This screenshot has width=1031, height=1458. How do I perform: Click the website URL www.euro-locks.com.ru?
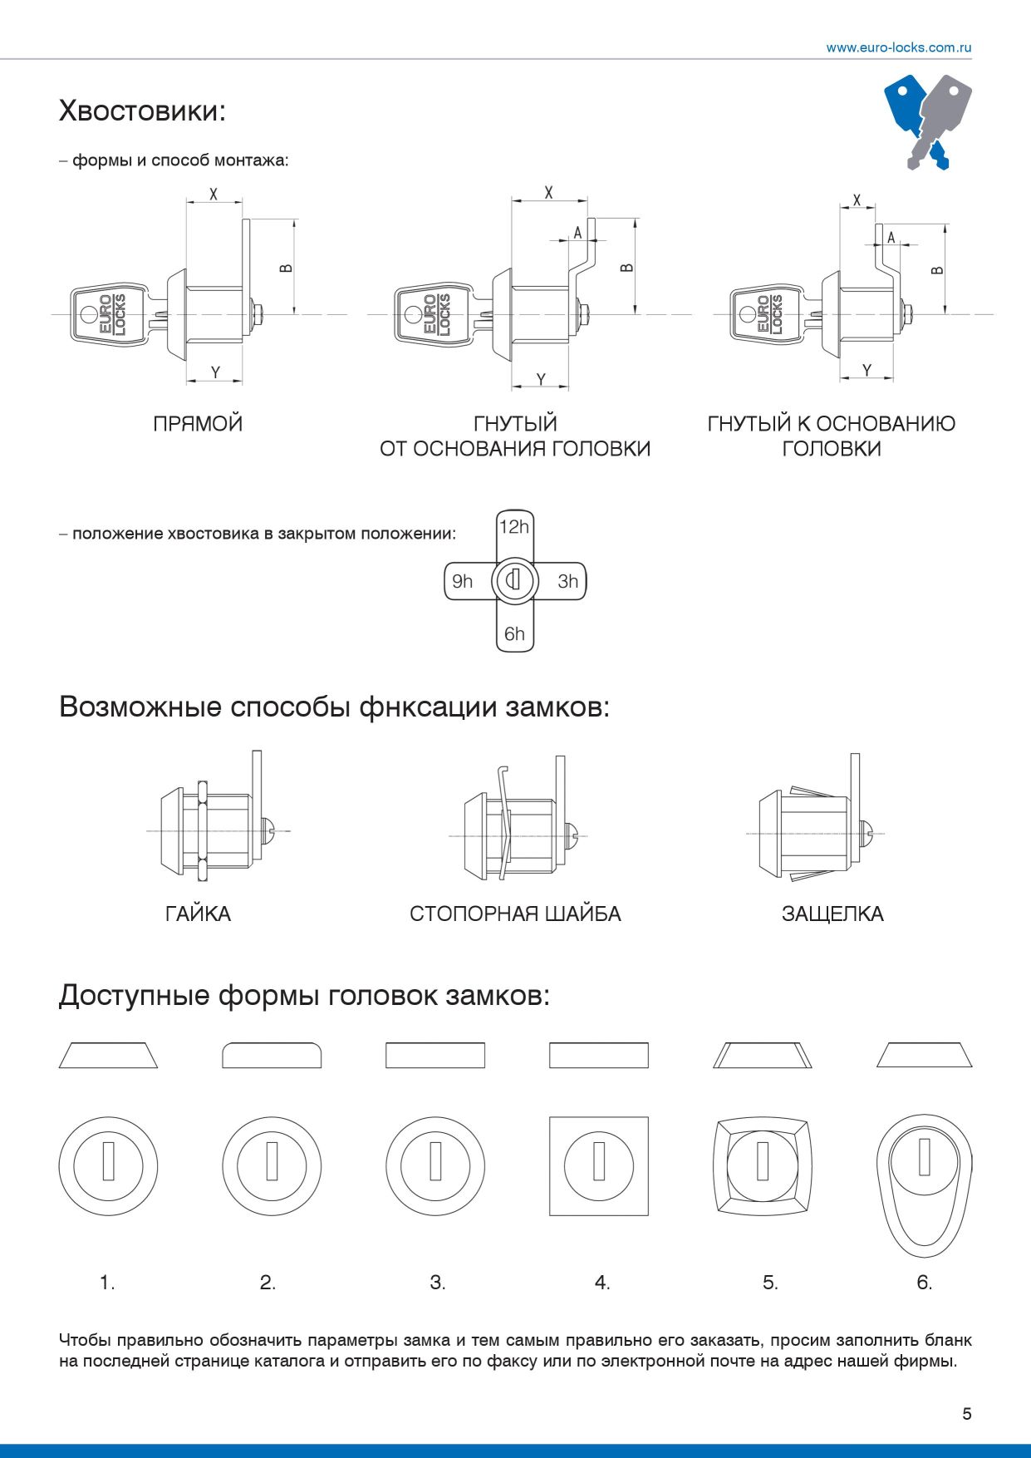[898, 47]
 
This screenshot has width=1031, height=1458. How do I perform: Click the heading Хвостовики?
[142, 111]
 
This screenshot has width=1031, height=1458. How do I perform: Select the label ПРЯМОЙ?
[198, 424]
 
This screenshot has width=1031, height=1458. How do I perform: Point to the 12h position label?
[514, 527]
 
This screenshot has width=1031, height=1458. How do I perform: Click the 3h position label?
[567, 581]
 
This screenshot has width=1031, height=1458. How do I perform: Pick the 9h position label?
[462, 581]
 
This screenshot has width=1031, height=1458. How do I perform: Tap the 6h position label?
[514, 634]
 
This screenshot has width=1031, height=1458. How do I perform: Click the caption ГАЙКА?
[198, 914]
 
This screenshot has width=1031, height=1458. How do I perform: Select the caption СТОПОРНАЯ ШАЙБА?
[515, 914]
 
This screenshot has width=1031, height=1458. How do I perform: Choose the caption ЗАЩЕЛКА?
[832, 914]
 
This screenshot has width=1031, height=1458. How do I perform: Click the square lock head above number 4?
[598, 1165]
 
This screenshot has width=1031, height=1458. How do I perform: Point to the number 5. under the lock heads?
[770, 1283]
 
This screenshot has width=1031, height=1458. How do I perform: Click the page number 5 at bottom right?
[966, 1414]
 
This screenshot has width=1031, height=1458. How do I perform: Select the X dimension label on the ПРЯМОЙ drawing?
[214, 194]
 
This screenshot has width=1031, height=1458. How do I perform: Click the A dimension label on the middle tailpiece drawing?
[578, 233]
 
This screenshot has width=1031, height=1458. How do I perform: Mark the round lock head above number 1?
[108, 1165]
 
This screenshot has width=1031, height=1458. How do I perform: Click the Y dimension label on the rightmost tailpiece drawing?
[867, 371]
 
